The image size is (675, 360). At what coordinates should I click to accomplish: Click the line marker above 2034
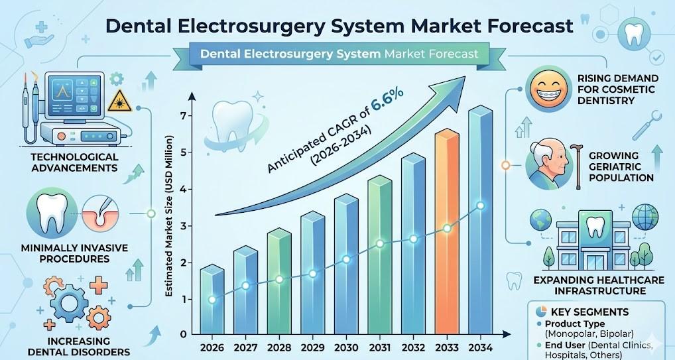480,206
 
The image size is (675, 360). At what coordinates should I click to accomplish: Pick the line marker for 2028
278,279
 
